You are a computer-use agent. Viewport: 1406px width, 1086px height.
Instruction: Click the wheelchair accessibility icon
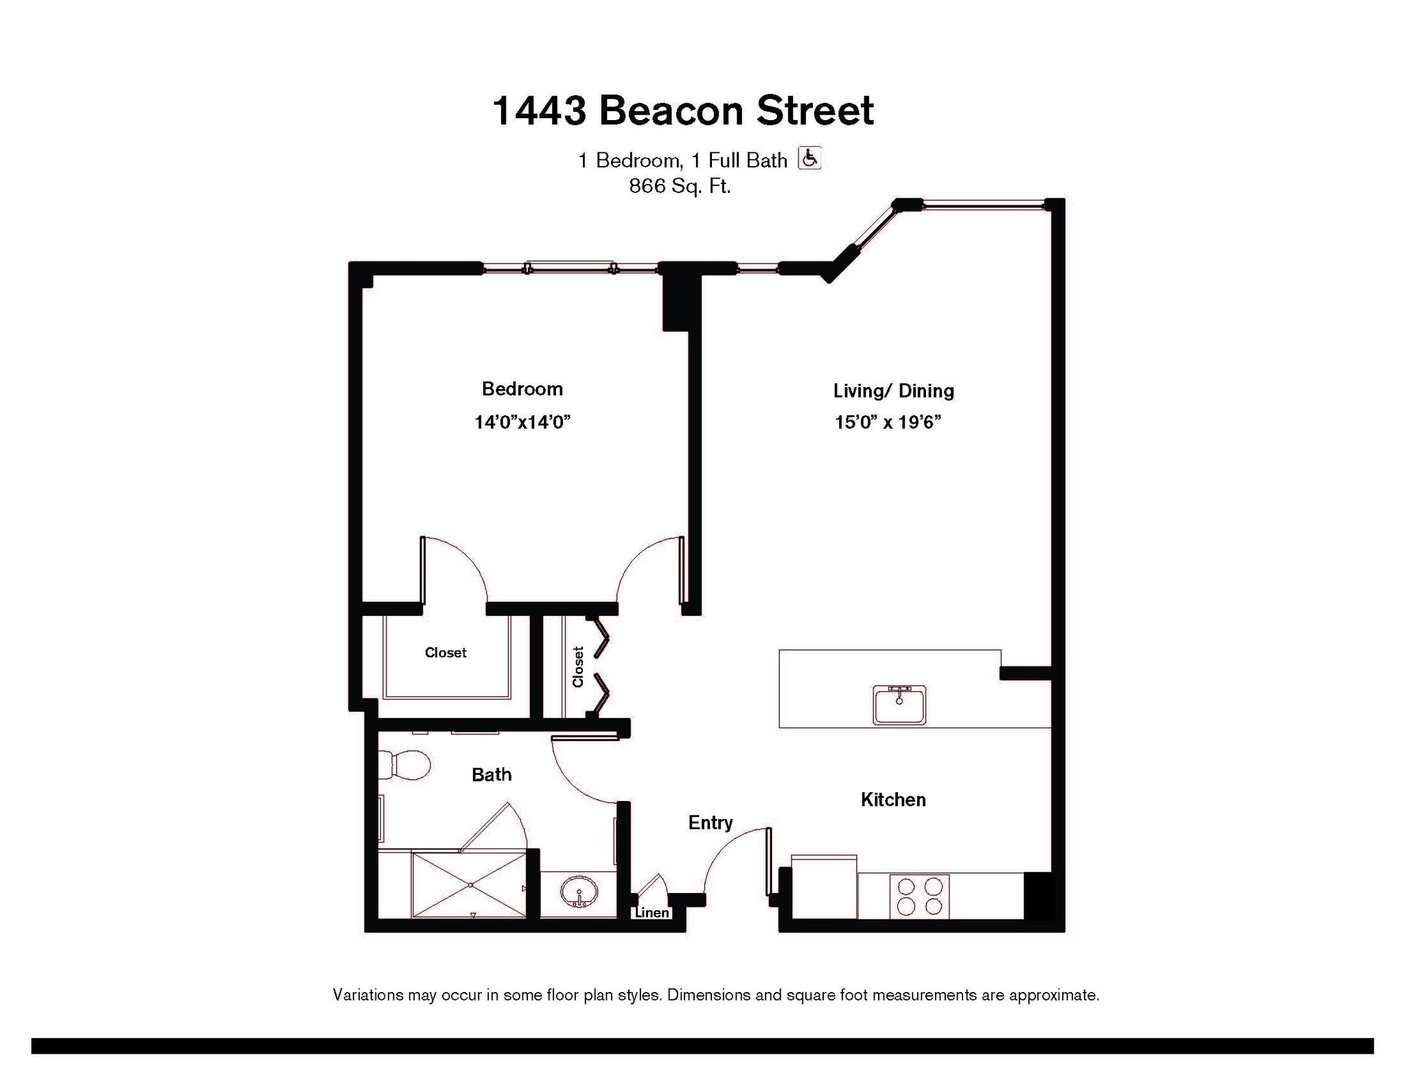click(x=809, y=158)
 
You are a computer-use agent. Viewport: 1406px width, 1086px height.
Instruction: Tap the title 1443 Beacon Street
click(x=683, y=111)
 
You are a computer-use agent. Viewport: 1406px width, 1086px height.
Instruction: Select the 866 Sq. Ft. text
click(x=680, y=186)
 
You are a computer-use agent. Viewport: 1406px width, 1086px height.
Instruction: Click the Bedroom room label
click(x=522, y=389)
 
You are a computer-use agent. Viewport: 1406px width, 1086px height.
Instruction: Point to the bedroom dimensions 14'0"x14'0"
click(x=522, y=421)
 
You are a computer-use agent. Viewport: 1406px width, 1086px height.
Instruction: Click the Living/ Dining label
click(x=893, y=391)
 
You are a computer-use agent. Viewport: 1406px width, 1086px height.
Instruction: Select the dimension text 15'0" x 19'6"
click(x=887, y=422)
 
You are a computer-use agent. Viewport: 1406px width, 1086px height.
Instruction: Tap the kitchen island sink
click(x=899, y=704)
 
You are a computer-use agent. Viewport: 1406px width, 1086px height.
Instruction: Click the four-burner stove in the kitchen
click(x=919, y=896)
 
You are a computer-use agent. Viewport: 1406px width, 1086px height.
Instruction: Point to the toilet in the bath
click(x=404, y=764)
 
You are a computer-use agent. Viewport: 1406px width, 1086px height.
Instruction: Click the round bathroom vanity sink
click(x=579, y=892)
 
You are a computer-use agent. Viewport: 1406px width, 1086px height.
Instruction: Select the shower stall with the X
click(x=470, y=885)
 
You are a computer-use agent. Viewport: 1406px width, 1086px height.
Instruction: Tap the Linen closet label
click(x=652, y=912)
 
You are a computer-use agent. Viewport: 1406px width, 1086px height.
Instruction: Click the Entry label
click(x=711, y=823)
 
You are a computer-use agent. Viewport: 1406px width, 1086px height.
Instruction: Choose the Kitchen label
click(x=893, y=799)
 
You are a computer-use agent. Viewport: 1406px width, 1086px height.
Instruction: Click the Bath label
click(x=492, y=774)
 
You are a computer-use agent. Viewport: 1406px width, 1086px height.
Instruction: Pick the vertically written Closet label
click(x=578, y=667)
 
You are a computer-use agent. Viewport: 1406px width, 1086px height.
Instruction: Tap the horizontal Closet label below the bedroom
click(x=446, y=653)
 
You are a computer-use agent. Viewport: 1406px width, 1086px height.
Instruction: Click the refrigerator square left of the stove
click(x=824, y=886)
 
